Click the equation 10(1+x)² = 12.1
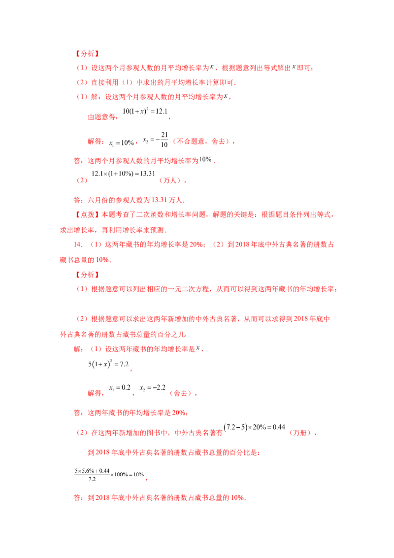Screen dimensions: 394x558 pyautogui.click(x=145, y=111)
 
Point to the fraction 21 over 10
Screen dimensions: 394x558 pyautogui.click(x=164, y=139)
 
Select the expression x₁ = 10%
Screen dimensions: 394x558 pyautogui.click(x=122, y=143)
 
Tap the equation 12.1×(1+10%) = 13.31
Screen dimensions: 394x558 pyautogui.click(x=124, y=174)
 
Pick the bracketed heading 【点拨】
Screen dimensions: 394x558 pyautogui.click(x=87, y=214)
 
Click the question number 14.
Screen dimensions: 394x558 pyautogui.click(x=78, y=244)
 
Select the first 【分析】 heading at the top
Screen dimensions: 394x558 pyautogui.click(x=87, y=54)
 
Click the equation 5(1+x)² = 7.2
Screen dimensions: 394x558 pyautogui.click(x=108, y=364)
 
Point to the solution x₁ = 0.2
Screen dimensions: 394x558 pyautogui.click(x=120, y=387)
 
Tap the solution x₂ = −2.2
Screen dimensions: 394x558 pyautogui.click(x=153, y=387)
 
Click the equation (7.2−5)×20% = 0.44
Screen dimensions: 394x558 pyautogui.click(x=254, y=427)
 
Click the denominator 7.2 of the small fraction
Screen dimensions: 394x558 pyautogui.click(x=92, y=479)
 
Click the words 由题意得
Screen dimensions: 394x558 pyautogui.click(x=101, y=117)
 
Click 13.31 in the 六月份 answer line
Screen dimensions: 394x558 pyautogui.click(x=159, y=200)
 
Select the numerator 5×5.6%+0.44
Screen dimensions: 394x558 pyautogui.click(x=92, y=471)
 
